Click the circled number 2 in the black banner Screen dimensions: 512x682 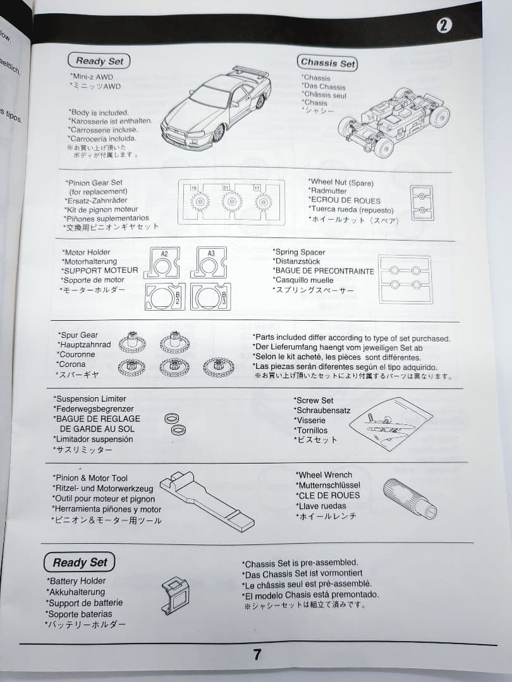point(444,25)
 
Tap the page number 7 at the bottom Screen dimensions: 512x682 point(257,654)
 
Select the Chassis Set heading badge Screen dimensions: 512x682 point(328,63)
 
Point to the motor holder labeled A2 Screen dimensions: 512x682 point(162,263)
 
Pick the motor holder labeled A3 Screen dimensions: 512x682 point(209,262)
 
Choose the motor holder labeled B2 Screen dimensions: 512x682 point(165,297)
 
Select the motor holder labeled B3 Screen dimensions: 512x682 point(210,297)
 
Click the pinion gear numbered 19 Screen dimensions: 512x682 point(200,201)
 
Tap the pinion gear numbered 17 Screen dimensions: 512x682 point(264,202)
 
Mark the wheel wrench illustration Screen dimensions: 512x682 point(410,498)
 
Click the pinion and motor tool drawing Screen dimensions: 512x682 point(207,501)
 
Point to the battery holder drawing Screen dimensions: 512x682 point(176,595)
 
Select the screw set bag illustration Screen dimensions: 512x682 point(391,423)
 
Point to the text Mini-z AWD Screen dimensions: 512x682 point(92,77)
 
